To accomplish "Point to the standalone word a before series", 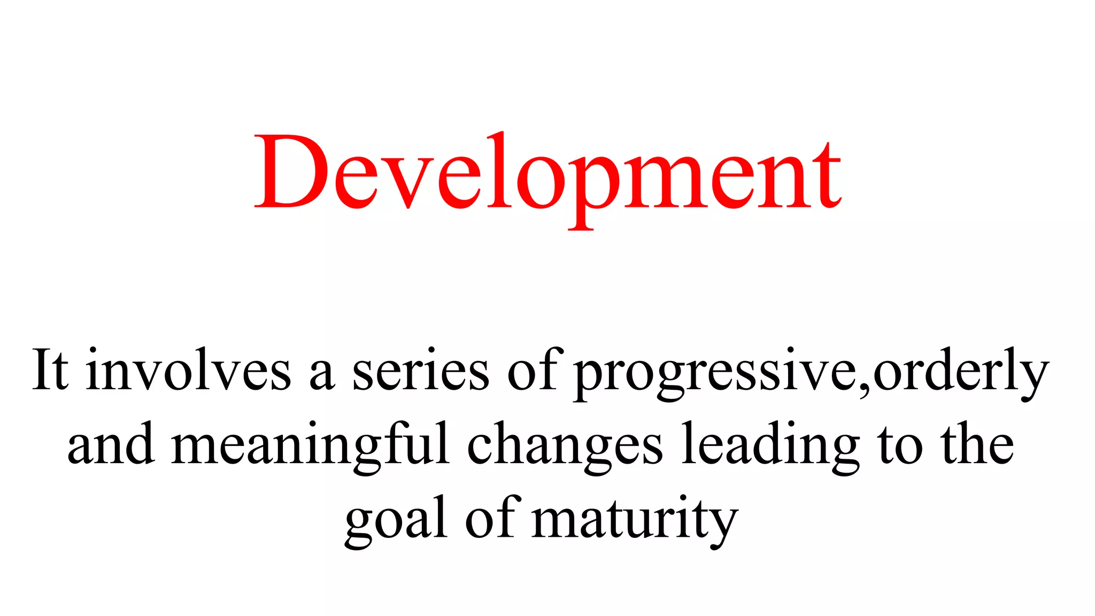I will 322,374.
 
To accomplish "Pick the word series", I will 420,370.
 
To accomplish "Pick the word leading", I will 770,446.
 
